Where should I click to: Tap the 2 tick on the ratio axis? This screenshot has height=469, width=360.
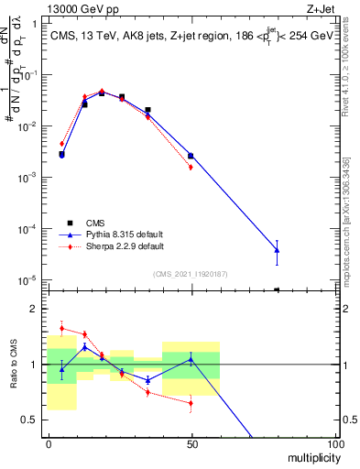38,309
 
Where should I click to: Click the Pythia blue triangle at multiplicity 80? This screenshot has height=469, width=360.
278,249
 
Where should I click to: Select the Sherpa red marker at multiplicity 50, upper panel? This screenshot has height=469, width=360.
191,167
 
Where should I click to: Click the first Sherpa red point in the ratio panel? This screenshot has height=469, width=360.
61,328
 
